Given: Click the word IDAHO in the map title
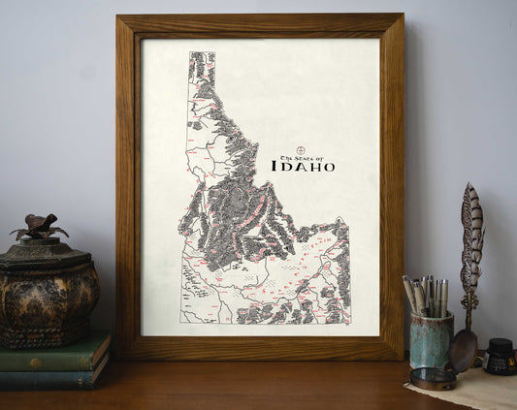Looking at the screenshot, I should [303, 167].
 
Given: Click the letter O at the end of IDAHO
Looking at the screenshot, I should [329, 167].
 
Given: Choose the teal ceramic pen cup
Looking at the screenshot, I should [430, 339].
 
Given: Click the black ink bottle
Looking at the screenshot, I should [500, 357].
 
